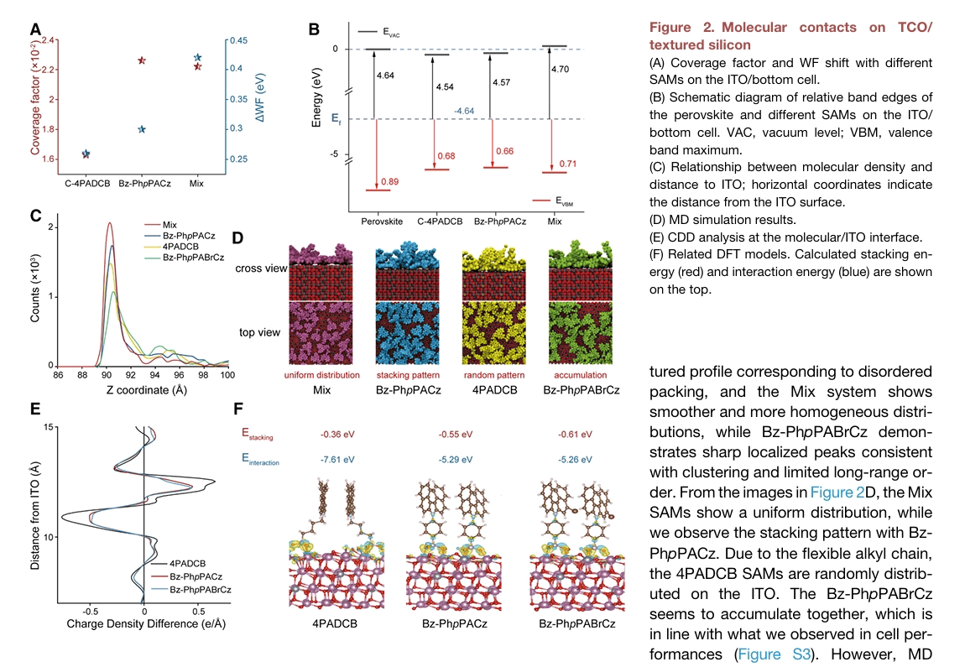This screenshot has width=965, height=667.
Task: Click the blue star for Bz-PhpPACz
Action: tap(142, 129)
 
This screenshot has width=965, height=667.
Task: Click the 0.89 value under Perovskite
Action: tap(389, 182)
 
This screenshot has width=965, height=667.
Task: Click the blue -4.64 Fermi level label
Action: tap(464, 111)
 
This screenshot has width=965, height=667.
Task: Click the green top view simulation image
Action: tap(577, 331)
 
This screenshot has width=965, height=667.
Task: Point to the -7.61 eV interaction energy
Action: tap(337, 460)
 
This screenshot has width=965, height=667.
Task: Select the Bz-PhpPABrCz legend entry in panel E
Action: tap(201, 590)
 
